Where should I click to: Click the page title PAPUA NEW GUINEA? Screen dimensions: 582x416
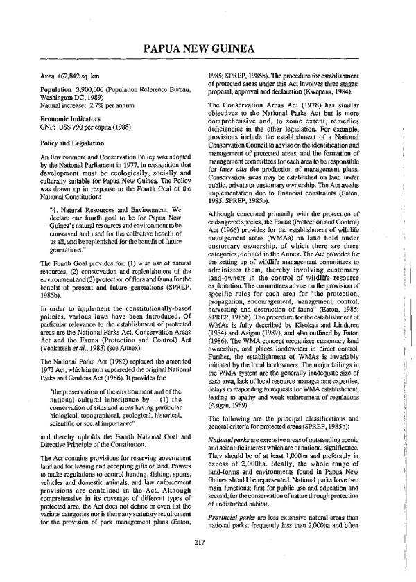click(x=207, y=48)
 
